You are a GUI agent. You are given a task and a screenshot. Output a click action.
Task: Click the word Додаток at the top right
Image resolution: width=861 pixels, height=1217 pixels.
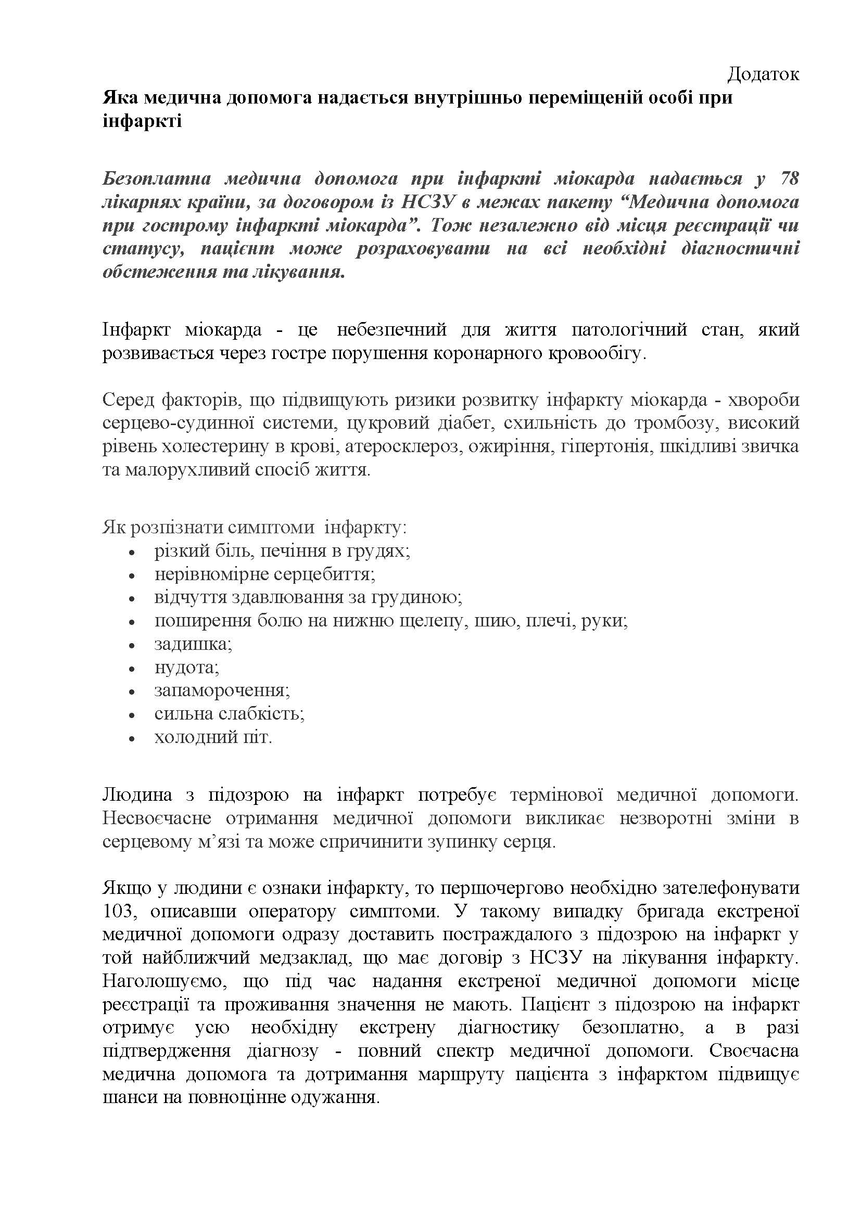pos(763,74)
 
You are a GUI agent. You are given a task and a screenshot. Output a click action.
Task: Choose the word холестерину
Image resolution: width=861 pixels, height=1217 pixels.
pos(214,446)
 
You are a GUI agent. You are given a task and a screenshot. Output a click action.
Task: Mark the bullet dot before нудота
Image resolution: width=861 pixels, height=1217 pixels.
pos(133,669)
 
